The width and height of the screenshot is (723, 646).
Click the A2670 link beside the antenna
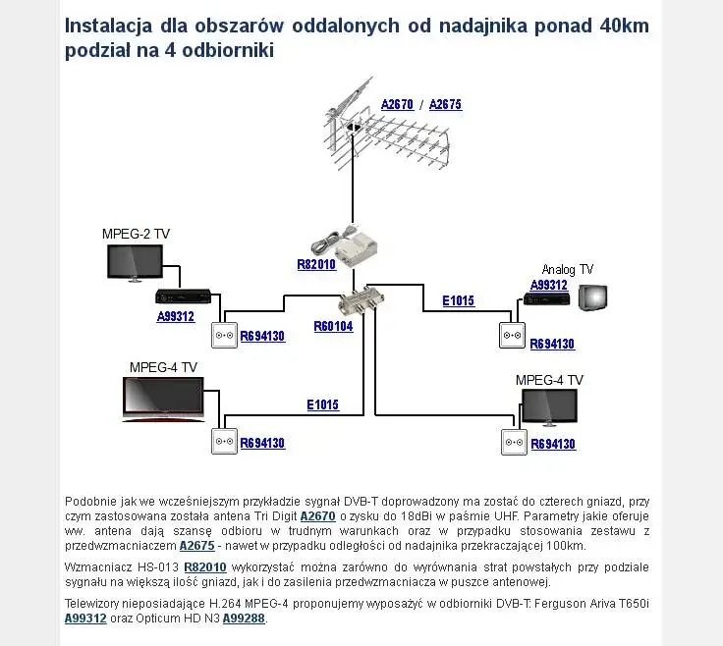coord(397,104)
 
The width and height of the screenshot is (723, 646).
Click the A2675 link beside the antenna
coord(445,104)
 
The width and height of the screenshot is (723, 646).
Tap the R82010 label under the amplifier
coord(316,264)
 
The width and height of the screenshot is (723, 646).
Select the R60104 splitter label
coord(333,326)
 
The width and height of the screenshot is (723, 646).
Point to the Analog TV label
coord(568,269)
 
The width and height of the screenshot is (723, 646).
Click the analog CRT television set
coord(592,297)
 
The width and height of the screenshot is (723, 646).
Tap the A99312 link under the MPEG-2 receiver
coord(176,316)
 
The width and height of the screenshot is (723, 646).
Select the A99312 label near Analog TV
coord(549,285)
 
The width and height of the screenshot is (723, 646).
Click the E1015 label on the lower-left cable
coord(322,404)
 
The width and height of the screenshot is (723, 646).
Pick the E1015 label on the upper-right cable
coord(458,300)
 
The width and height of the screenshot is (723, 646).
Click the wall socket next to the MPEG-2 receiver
coord(225,336)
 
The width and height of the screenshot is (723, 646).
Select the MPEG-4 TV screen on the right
coord(549,406)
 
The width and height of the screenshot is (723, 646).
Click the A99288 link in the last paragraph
coord(244,619)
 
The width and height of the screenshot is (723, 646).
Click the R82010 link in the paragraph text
coord(205,566)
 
